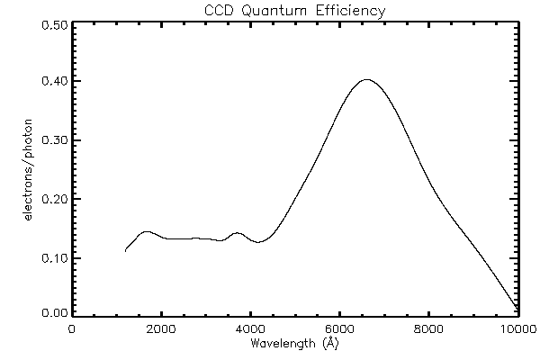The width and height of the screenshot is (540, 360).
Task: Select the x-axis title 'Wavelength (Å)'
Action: coord(294,343)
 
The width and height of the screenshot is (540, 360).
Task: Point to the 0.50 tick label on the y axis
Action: coord(54,25)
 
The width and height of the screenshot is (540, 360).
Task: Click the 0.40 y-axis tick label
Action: coord(54,82)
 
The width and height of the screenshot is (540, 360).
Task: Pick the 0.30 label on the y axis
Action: coord(54,140)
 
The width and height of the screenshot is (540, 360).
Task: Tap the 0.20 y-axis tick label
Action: coord(54,199)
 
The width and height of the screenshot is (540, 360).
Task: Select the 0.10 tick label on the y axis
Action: coord(54,257)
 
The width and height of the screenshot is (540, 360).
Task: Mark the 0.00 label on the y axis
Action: coord(54,313)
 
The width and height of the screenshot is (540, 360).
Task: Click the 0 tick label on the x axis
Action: coord(72,328)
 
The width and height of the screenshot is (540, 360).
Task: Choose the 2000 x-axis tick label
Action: coord(161,328)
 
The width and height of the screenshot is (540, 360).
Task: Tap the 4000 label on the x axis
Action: coord(250,328)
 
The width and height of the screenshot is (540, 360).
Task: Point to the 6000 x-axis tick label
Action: coord(339,328)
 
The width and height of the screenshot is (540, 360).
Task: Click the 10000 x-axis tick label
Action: coord(516,328)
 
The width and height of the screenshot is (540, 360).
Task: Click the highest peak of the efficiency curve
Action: coord(365,79)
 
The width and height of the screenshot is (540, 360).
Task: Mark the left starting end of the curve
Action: coord(125,251)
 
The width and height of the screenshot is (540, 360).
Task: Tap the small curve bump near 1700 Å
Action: coord(147,231)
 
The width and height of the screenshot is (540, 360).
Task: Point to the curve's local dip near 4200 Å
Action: coord(258,242)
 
